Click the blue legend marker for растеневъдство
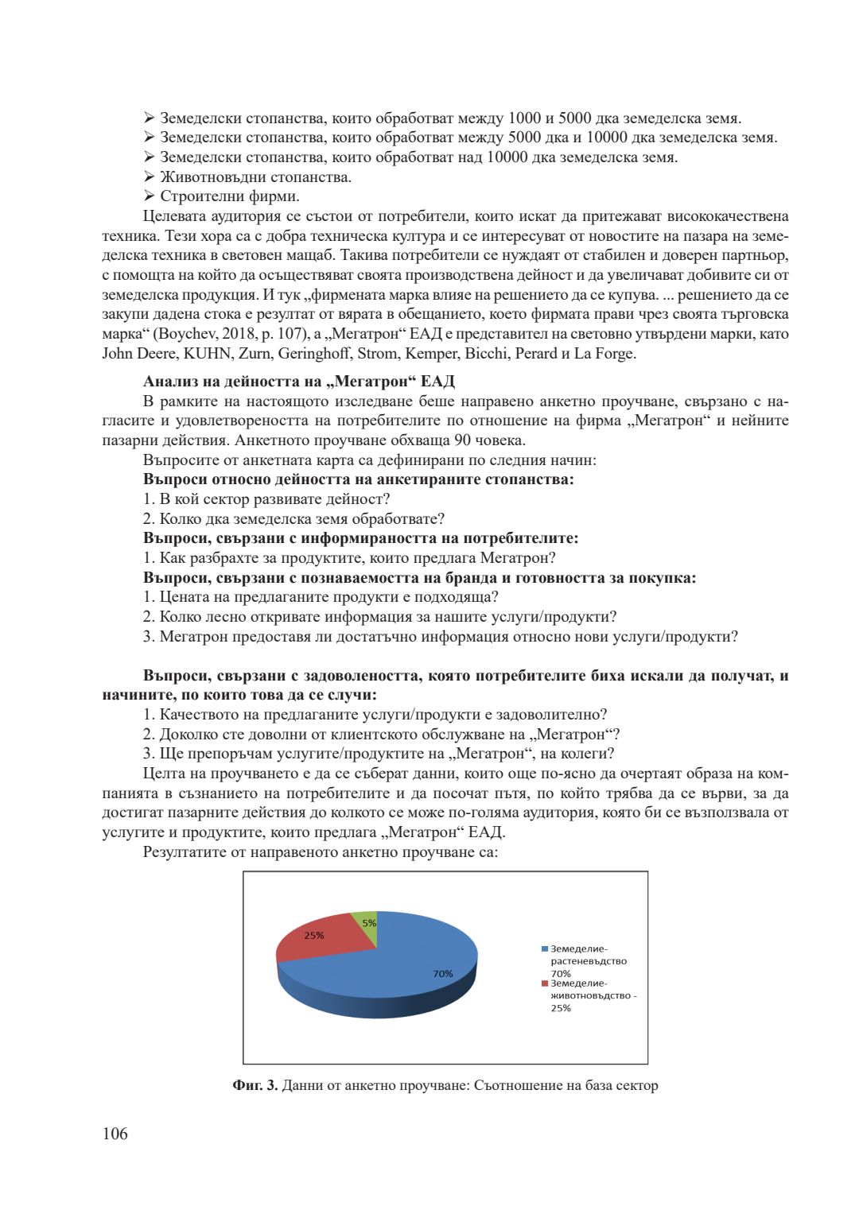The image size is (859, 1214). tap(545, 948)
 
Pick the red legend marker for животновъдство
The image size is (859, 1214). tap(545, 983)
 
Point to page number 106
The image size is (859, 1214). tap(115, 1134)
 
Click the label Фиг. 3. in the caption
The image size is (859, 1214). tap(255, 1085)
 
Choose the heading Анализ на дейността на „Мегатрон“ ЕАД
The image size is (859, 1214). tap(299, 382)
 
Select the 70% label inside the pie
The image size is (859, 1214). tap(443, 974)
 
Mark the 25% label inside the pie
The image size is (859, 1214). tap(314, 936)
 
